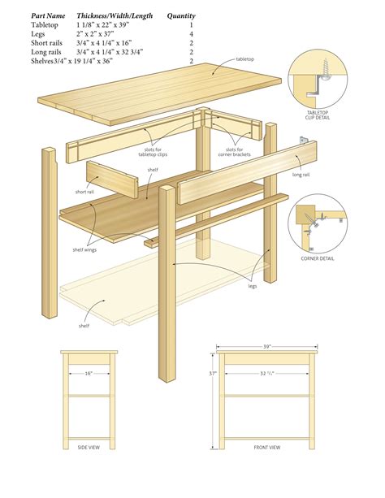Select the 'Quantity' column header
[180, 15]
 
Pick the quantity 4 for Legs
[192, 34]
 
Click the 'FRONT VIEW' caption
[266, 448]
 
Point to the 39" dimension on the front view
[267, 347]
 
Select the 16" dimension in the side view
[87, 374]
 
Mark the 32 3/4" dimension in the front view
[267, 374]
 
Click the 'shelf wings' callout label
[84, 249]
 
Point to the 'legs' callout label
[252, 286]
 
